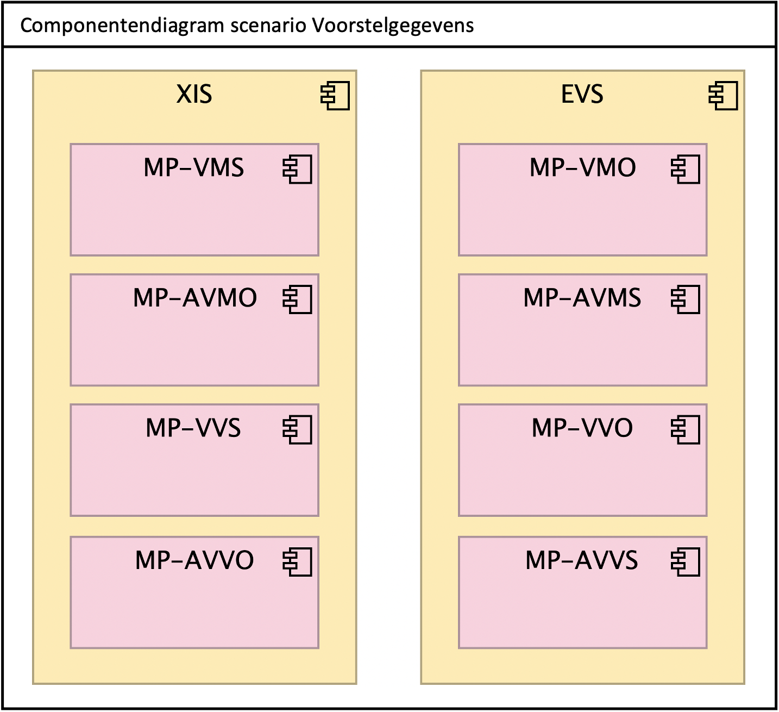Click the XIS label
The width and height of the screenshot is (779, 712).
194,95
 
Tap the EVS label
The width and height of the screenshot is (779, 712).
582,95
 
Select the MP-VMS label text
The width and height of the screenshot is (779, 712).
193,168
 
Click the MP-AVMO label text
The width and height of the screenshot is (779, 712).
194,298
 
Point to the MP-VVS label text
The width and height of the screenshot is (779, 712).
193,428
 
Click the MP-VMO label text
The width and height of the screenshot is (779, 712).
582,168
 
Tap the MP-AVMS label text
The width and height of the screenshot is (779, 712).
582,298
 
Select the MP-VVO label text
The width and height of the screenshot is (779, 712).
582,428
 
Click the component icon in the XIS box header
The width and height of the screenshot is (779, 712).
335,96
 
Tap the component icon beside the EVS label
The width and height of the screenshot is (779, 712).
724,96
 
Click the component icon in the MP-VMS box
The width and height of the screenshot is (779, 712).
297,169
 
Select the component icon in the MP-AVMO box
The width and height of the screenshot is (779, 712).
297,299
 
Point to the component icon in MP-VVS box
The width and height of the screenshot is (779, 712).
297,429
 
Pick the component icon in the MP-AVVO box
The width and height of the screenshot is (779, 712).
297,562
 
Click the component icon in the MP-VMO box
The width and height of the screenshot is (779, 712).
686,169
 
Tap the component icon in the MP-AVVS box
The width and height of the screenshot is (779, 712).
686,562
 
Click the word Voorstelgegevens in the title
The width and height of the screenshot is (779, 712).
393,26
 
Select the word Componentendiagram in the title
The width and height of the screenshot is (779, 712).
122,26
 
